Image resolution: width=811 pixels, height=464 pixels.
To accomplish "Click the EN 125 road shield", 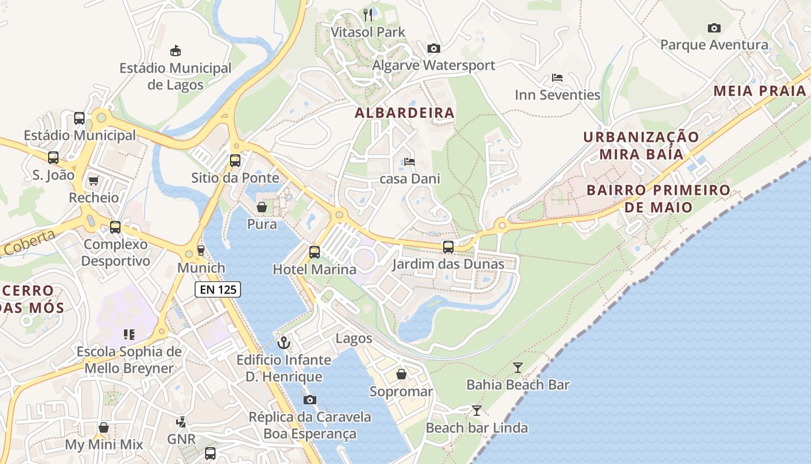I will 217,289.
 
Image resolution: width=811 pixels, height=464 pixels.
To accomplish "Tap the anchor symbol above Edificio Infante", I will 284,342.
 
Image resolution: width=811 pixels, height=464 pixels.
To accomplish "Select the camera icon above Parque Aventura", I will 714,28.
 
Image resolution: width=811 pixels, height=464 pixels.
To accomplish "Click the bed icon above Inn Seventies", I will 557,78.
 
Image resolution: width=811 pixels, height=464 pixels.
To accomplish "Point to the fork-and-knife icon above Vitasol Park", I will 368,14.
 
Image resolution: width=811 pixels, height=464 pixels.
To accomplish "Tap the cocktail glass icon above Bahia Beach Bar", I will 518,367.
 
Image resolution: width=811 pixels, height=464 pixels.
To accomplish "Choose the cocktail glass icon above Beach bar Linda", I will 476,411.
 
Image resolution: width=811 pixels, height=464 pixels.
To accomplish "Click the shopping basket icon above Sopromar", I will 401,375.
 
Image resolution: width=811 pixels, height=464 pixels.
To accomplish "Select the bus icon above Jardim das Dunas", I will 448,247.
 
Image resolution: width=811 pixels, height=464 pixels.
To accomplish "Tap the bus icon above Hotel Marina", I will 315,252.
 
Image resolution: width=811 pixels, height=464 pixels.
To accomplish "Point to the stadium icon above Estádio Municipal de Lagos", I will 175,51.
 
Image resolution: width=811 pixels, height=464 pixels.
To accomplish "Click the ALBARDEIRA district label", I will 404,113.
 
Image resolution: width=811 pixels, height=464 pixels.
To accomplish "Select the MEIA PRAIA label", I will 759,90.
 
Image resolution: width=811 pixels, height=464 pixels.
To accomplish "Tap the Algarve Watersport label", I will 433,65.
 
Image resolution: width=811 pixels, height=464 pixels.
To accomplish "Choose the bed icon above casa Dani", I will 410,162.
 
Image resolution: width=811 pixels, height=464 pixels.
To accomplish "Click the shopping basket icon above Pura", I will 262,207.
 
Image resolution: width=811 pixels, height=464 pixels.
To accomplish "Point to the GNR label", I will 181,439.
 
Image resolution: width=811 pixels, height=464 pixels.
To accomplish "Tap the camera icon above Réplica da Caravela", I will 310,400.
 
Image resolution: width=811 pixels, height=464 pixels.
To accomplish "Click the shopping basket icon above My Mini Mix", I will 104,427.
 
